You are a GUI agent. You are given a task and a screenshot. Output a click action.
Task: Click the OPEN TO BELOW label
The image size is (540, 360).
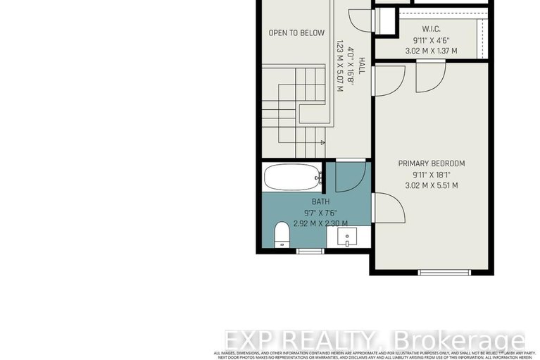296,33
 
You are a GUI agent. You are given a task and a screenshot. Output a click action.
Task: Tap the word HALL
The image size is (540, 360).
361,66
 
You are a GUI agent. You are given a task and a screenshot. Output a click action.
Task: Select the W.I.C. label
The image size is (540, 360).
431,29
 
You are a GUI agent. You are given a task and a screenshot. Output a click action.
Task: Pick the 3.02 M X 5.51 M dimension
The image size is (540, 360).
432,186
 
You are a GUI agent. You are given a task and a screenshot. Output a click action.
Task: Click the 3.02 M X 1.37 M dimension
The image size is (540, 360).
431,51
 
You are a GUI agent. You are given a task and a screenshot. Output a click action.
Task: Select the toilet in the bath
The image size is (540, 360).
281,234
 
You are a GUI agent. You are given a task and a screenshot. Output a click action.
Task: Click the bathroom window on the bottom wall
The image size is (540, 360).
310,251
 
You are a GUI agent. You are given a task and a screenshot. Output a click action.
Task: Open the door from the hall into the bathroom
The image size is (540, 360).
350,176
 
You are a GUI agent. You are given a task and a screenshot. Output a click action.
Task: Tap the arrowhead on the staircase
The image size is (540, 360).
323,143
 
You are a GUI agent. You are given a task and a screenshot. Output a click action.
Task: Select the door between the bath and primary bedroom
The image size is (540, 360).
387,209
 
